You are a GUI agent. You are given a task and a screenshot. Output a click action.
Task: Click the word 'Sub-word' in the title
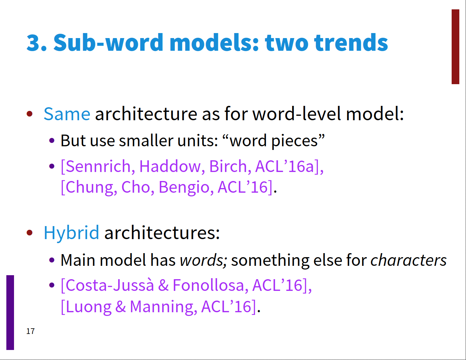point(108,42)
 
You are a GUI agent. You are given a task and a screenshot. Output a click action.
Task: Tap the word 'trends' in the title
point(351,42)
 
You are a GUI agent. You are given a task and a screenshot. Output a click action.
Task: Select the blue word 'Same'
point(67,114)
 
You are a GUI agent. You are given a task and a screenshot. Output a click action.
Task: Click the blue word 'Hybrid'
point(71,232)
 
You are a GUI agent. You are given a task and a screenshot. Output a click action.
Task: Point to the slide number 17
point(30,331)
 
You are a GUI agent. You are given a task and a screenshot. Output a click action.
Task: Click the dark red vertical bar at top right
point(455,46)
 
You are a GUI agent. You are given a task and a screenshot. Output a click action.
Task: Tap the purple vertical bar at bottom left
point(10,312)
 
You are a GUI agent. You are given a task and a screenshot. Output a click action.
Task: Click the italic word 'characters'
point(408,260)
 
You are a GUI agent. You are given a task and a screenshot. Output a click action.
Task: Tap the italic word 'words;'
point(203,260)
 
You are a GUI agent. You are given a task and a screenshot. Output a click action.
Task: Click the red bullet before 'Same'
point(30,114)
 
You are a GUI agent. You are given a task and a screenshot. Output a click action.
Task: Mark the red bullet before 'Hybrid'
point(30,232)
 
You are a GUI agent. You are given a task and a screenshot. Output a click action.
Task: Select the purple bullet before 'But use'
point(52,141)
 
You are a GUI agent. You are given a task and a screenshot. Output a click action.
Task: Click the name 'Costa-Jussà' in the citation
point(110,285)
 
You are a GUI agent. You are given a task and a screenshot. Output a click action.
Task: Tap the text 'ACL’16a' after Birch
point(285,166)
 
